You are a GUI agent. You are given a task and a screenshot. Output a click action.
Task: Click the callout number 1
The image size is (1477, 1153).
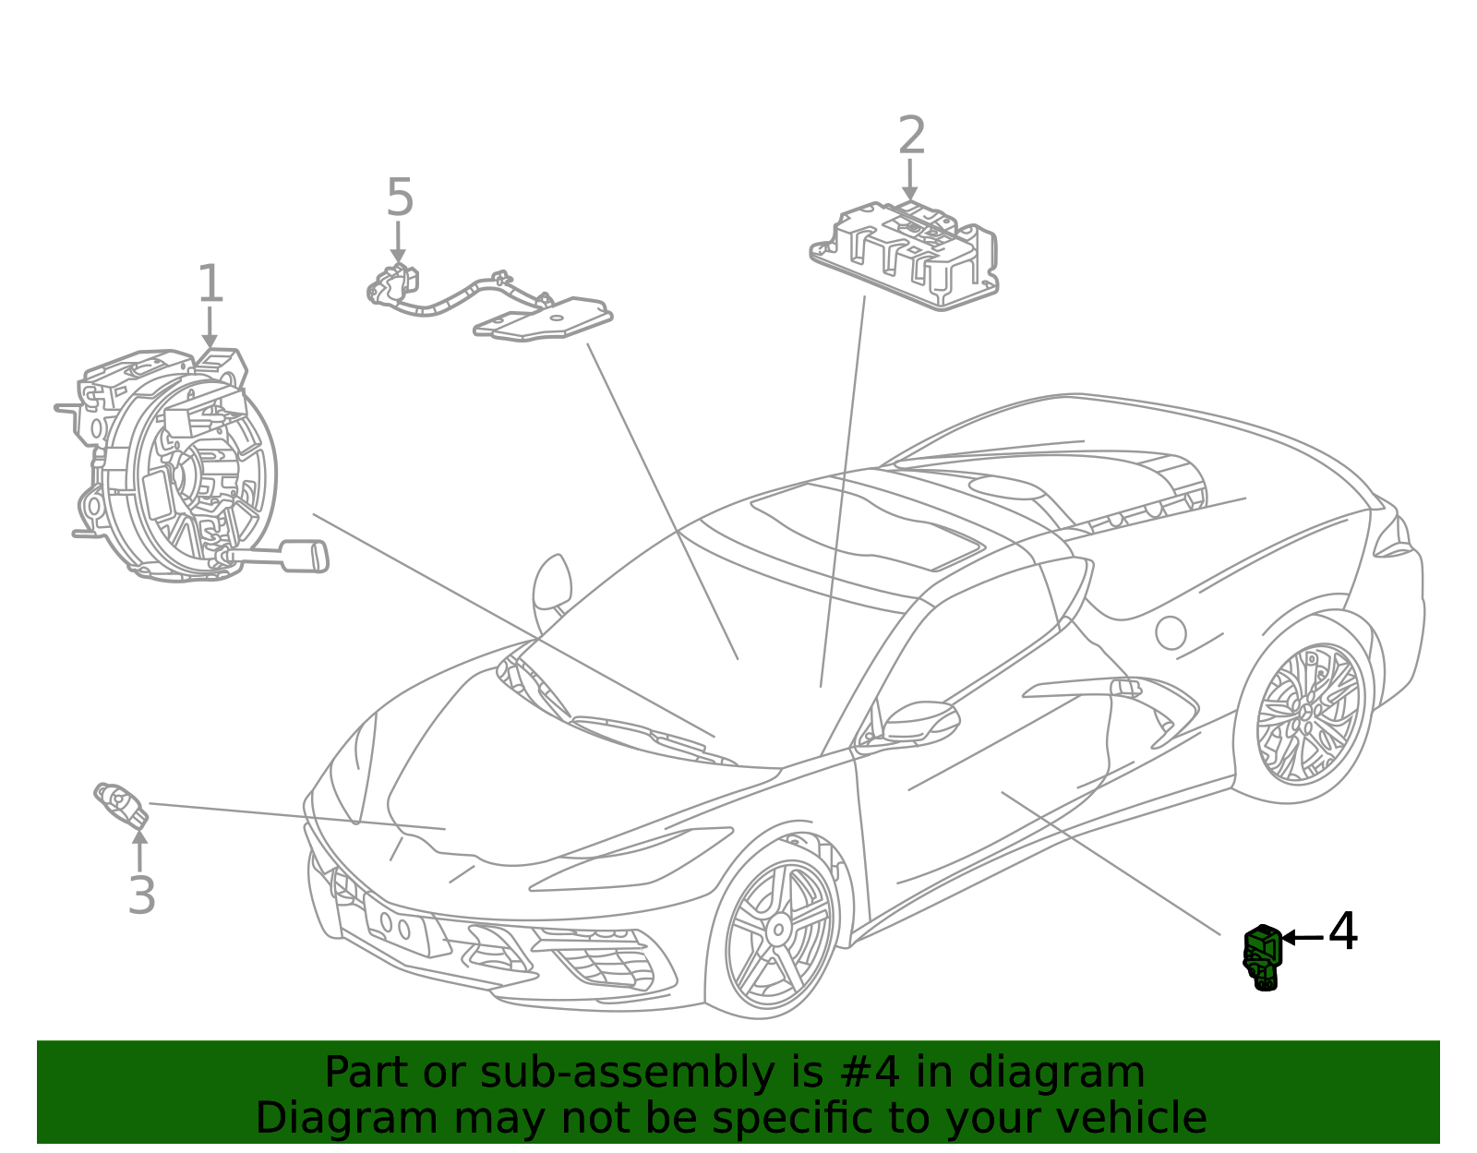click(x=210, y=283)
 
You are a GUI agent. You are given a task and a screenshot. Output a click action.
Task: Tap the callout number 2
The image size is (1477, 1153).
click(x=911, y=135)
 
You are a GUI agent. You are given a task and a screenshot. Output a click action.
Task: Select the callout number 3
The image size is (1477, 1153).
click(x=141, y=895)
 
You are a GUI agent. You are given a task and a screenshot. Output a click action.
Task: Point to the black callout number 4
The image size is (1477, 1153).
click(x=1342, y=931)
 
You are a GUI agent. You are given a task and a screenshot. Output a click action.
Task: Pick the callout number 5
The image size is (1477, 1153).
click(x=400, y=197)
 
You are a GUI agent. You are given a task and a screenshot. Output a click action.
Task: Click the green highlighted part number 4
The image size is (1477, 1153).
click(x=1262, y=956)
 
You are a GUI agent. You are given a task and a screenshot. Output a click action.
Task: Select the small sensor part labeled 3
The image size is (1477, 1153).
click(x=121, y=805)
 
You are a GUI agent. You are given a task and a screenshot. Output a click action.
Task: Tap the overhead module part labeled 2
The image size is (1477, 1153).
click(x=904, y=256)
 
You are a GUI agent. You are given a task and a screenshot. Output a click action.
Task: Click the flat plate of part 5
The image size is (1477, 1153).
click(x=543, y=319)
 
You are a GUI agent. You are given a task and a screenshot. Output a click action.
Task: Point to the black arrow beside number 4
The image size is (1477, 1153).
click(x=1303, y=938)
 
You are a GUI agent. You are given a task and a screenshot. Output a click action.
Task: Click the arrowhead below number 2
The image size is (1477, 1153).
click(x=909, y=193)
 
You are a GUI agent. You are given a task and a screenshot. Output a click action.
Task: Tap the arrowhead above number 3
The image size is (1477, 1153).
click(x=140, y=837)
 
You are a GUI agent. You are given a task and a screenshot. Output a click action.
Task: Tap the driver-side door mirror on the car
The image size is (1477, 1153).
click(x=921, y=722)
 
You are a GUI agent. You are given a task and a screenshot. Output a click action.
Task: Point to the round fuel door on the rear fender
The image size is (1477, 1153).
click(x=1171, y=632)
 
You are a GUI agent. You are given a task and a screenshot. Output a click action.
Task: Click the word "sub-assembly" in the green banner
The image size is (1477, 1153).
click(x=627, y=1072)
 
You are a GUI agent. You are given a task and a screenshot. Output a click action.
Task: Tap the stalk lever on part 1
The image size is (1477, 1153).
click(x=281, y=557)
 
